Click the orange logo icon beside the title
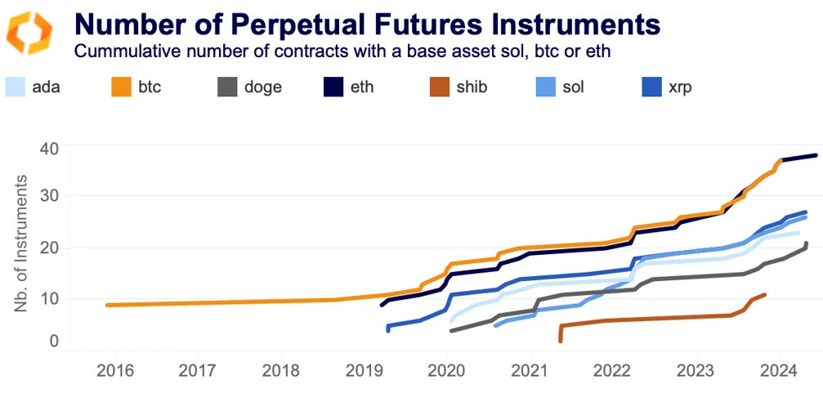tap(29, 33)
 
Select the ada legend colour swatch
tap(17, 86)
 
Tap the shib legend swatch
tap(441, 86)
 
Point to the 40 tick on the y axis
tap(50, 149)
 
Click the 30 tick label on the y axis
tap(50, 198)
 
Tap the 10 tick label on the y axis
tap(50, 298)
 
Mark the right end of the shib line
tap(764, 294)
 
